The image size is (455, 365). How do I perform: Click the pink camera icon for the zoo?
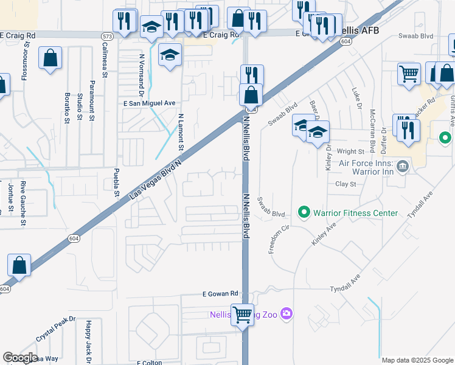click(287, 315)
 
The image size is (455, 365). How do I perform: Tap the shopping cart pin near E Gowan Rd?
click(243, 315)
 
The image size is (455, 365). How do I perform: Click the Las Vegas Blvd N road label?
click(157, 176)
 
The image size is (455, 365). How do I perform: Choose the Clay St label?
click(345, 184)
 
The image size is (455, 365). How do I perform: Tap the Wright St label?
click(351, 151)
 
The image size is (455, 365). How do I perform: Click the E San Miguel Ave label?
click(150, 103)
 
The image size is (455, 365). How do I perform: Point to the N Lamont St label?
click(181, 132)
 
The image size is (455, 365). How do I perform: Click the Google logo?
click(21, 358)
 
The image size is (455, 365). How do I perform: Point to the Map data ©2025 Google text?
click(417, 360)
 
